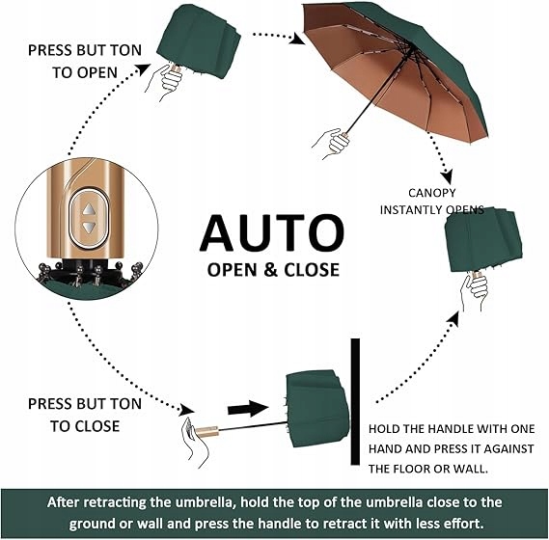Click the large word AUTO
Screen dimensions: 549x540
coord(272,233)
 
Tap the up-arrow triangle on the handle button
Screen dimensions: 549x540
coord(89,210)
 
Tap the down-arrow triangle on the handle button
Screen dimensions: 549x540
coord(89,228)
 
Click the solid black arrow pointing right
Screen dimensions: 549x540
coord(248,409)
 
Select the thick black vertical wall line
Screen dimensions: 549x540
coord(355,402)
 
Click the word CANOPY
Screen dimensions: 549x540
coord(431,193)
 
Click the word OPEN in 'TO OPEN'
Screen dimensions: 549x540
coord(97,72)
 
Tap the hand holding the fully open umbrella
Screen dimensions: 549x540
coord(332,143)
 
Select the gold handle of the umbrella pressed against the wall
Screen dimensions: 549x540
coord(206,431)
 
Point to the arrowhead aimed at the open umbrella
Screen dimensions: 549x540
coord(297,39)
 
